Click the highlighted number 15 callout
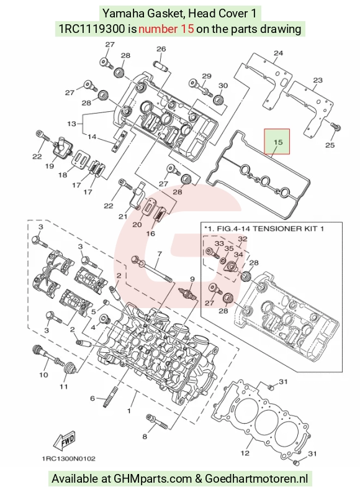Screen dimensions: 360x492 pyautogui.click(x=277, y=142)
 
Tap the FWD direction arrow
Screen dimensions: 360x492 pyautogui.click(x=65, y=440)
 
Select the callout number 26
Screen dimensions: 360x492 pyautogui.click(x=161, y=49)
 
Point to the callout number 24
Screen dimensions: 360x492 pyautogui.click(x=278, y=53)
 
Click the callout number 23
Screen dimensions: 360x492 pyautogui.click(x=318, y=80)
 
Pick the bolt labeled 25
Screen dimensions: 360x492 pyautogui.click(x=336, y=127)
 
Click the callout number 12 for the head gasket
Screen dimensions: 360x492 pyautogui.click(x=245, y=453)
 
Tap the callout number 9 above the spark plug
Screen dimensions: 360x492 pyautogui.click(x=192, y=279)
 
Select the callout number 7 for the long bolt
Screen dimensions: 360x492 pyautogui.click(x=160, y=253)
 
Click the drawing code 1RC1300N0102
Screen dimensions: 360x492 pyautogui.click(x=69, y=458)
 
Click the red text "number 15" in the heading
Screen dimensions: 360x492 pyautogui.click(x=166, y=29)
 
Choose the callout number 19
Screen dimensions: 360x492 pyautogui.click(x=49, y=166)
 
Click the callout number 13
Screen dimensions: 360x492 pyautogui.click(x=72, y=124)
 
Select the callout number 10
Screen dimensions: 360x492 pyautogui.click(x=43, y=375)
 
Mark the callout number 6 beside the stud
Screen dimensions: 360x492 pyautogui.click(x=92, y=398)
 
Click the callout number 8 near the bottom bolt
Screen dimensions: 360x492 pyautogui.click(x=145, y=437)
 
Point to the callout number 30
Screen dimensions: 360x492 pyautogui.click(x=223, y=85)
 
